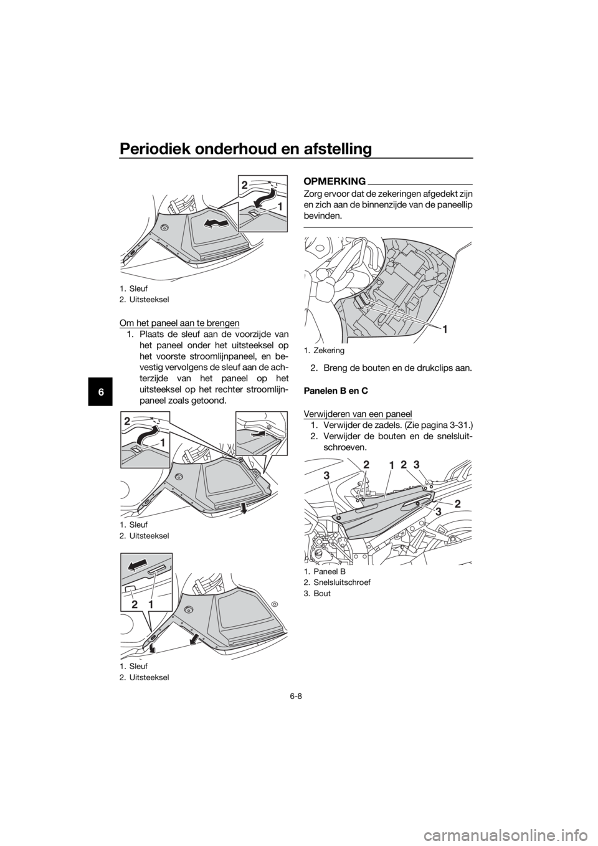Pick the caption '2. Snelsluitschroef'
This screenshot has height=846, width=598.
tap(337, 582)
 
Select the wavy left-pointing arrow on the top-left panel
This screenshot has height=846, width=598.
tap(216, 224)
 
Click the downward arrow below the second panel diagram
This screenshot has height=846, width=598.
tap(244, 508)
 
